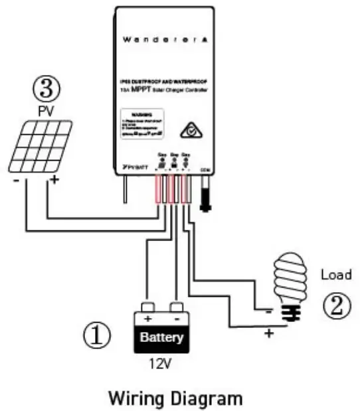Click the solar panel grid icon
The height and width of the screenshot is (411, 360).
[x=40, y=146]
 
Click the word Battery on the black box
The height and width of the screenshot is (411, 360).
[x=161, y=337]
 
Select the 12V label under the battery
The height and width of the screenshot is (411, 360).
[x=160, y=365]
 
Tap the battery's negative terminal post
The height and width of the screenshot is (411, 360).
[x=176, y=307]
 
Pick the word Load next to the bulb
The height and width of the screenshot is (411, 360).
[x=335, y=274]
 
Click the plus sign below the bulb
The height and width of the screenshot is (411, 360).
[x=268, y=333]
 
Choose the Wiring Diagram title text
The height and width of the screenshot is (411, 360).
[x=176, y=399]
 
